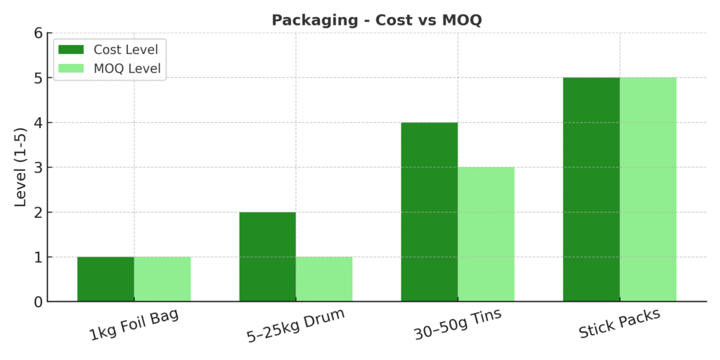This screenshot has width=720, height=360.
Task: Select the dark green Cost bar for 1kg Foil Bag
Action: tap(105, 279)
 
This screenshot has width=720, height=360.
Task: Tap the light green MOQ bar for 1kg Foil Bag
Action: tap(162, 279)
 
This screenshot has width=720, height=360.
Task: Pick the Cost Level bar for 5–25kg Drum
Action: tap(267, 257)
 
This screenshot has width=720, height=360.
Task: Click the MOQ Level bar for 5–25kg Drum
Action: tap(324, 279)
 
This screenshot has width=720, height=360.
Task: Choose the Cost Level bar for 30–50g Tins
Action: tap(430, 212)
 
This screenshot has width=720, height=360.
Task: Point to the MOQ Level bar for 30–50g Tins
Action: tap(486, 234)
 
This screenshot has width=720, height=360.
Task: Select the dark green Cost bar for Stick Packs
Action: tap(591, 189)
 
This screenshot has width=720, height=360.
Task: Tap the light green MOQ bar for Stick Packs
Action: tap(648, 189)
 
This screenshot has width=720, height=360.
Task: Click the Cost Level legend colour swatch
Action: tap(71, 49)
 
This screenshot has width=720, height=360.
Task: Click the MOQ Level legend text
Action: tap(127, 69)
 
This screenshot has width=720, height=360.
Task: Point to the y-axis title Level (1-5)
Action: tap(20, 167)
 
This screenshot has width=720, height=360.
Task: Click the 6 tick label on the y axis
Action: tap(38, 32)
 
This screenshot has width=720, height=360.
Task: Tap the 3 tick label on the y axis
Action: tap(38, 167)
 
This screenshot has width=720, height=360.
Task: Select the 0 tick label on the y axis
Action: tap(38, 302)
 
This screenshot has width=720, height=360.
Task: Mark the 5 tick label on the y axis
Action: tap(38, 77)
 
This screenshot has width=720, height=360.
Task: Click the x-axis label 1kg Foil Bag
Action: tap(134, 324)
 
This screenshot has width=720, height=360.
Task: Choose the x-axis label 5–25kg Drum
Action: tap(296, 324)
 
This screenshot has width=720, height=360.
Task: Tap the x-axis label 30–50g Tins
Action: tap(458, 324)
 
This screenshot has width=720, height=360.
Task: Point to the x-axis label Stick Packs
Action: tap(619, 324)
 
